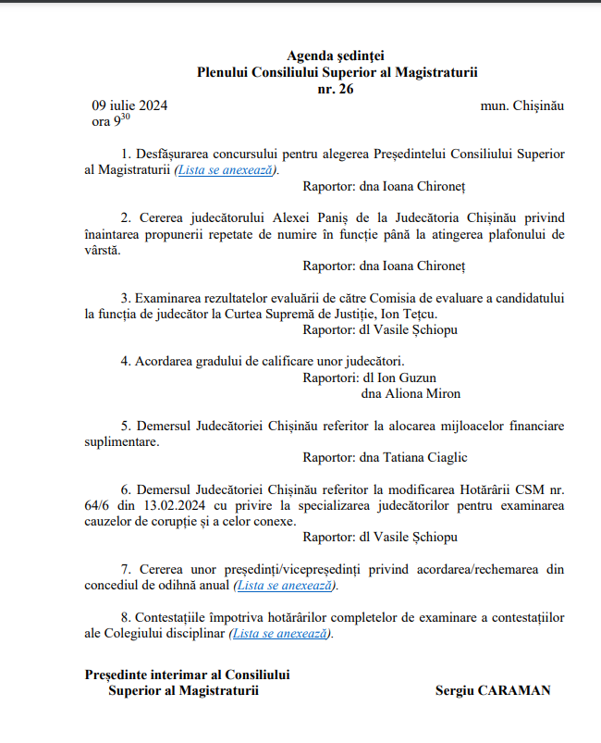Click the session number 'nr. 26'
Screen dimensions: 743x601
(x=335, y=89)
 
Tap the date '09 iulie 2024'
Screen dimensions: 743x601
(x=129, y=105)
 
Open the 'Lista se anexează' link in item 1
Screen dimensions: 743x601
(x=226, y=169)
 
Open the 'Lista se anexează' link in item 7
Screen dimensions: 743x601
(x=286, y=585)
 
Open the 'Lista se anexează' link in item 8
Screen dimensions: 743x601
(x=280, y=634)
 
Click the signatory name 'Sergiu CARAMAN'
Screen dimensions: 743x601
(x=493, y=690)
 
